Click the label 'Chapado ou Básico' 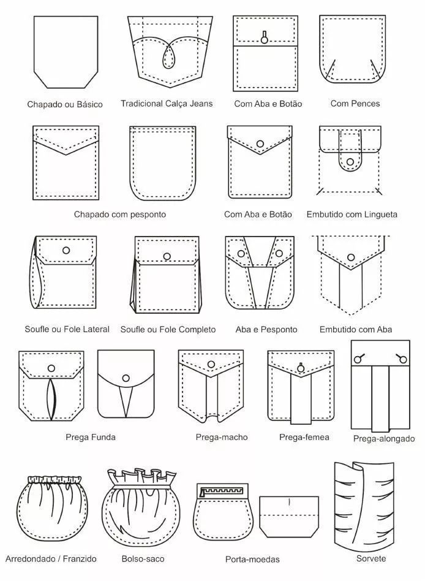tap(65, 104)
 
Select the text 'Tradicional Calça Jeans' tap(167, 104)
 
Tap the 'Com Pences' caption tap(355, 104)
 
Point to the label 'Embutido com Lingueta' tap(352, 214)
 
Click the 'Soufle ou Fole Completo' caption tap(168, 329)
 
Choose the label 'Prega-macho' tap(222, 437)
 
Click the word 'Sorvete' tap(371, 558)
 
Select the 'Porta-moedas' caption tap(252, 559)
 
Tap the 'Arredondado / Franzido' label tap(51, 559)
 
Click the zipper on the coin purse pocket tap(222, 492)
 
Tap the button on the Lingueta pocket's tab tap(350, 162)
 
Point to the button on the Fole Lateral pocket tap(66, 251)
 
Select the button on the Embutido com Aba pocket tap(351, 257)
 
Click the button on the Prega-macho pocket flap tap(211, 364)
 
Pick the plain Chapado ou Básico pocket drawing tap(66, 52)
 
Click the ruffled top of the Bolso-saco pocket tap(142, 477)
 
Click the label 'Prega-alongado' tap(384, 439)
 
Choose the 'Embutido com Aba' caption tap(356, 329)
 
